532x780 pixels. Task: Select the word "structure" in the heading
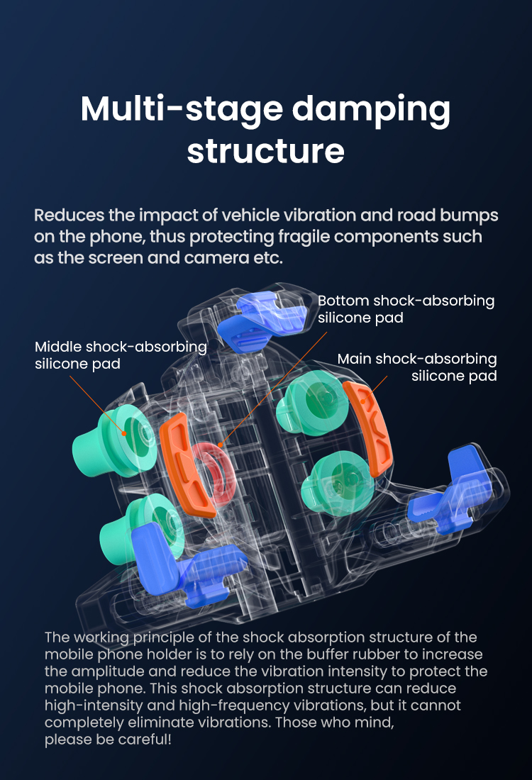coord(265,151)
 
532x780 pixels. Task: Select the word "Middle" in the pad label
coord(58,347)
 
